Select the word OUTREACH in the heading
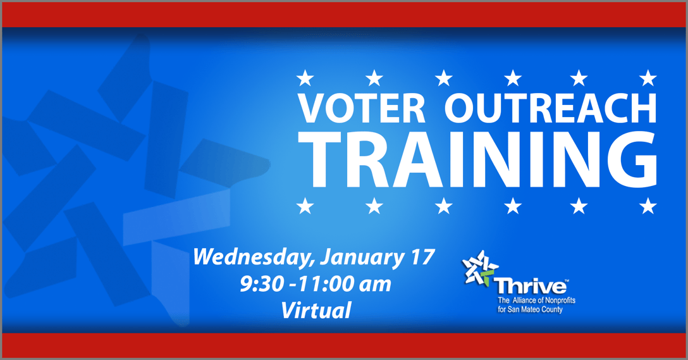tap(551, 109)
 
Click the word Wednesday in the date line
tap(254, 258)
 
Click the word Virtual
tap(316, 310)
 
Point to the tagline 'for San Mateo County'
tap(530, 309)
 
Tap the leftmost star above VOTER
tap(305, 78)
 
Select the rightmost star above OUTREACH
tap(648, 78)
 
